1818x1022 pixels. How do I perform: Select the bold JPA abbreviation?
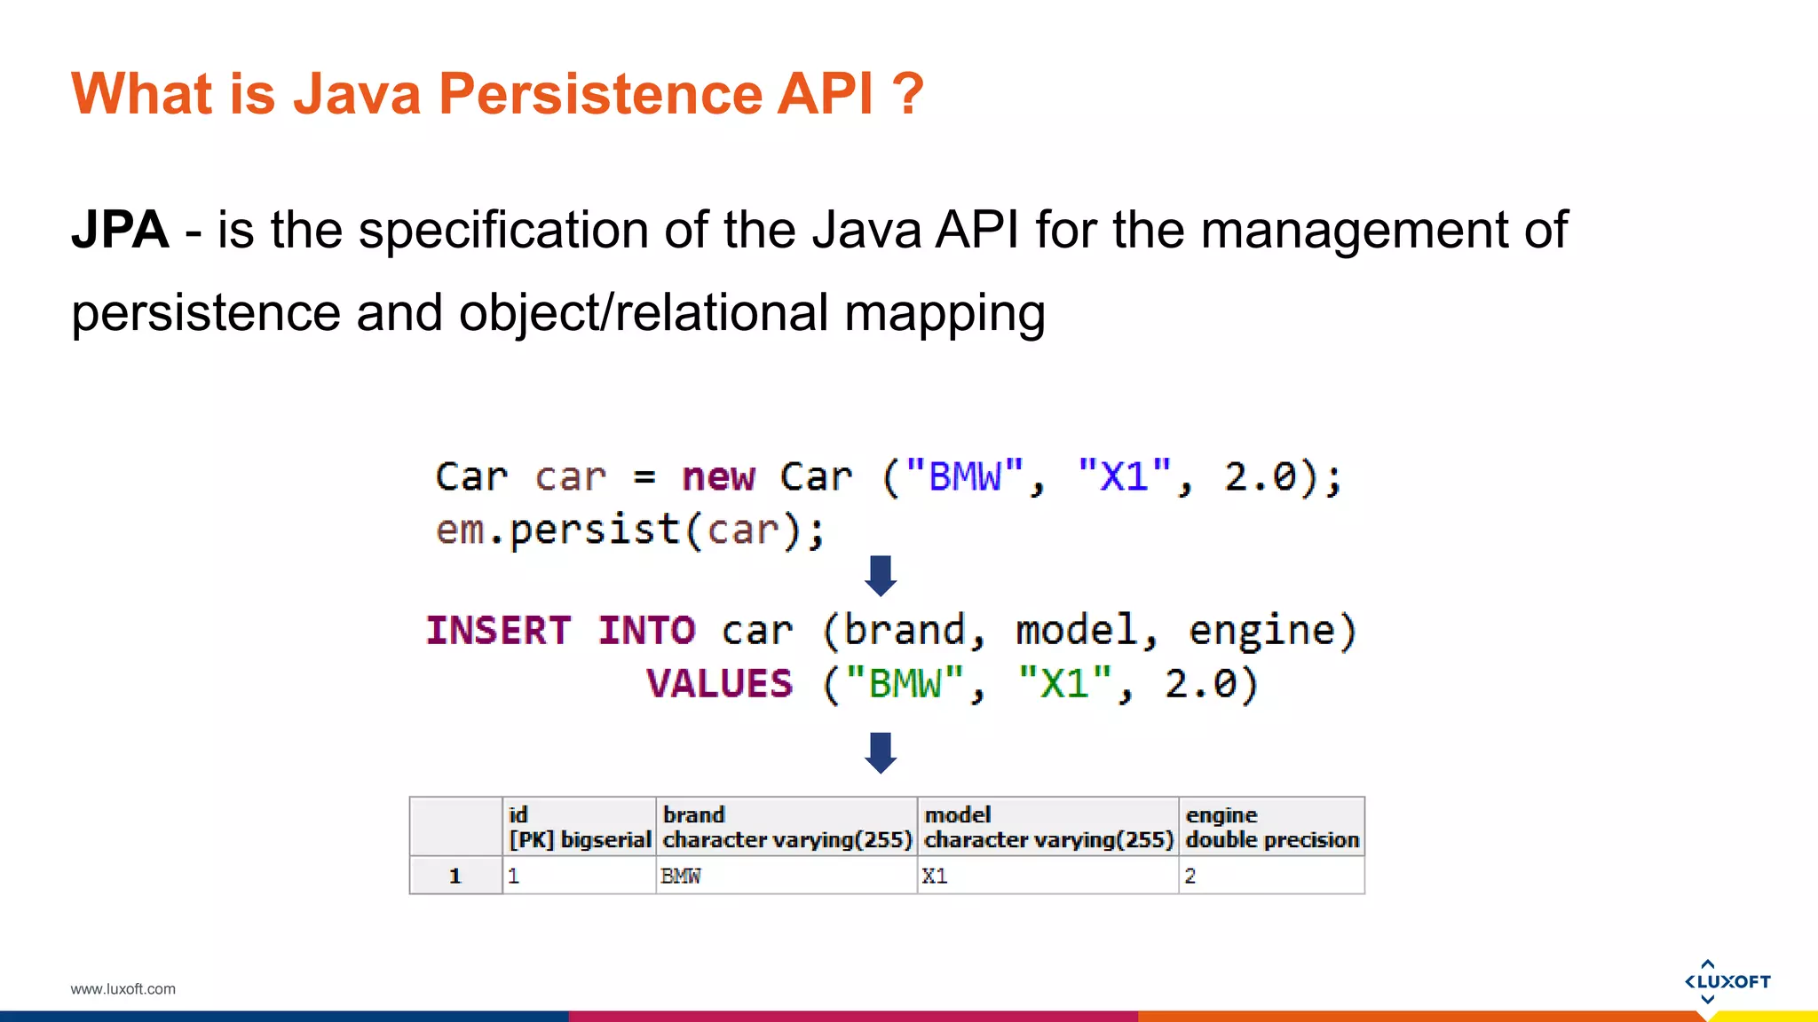pos(120,230)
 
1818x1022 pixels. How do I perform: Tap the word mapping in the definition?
pos(944,313)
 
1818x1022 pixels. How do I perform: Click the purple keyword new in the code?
pos(718,477)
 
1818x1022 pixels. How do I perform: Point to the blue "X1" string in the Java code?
pos(1124,476)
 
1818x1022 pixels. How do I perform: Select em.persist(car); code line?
pos(630,531)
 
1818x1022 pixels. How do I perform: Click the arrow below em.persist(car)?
pos(881,576)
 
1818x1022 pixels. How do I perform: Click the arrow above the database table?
pos(881,752)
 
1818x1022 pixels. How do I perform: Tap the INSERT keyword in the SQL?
pos(498,631)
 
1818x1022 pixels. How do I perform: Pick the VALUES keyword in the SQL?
pos(719,684)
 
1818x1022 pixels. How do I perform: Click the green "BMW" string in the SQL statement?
pos(904,684)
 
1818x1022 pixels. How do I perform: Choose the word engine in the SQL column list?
pos(1261,631)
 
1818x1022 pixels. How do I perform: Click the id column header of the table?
pos(579,827)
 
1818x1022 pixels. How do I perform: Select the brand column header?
pos(786,827)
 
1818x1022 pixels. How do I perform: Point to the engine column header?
pos(1270,827)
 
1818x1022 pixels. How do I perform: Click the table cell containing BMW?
pos(786,876)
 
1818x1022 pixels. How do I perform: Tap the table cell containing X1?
pos(1047,876)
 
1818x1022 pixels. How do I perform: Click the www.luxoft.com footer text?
pos(123,989)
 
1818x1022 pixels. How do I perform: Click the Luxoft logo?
pos(1727,981)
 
